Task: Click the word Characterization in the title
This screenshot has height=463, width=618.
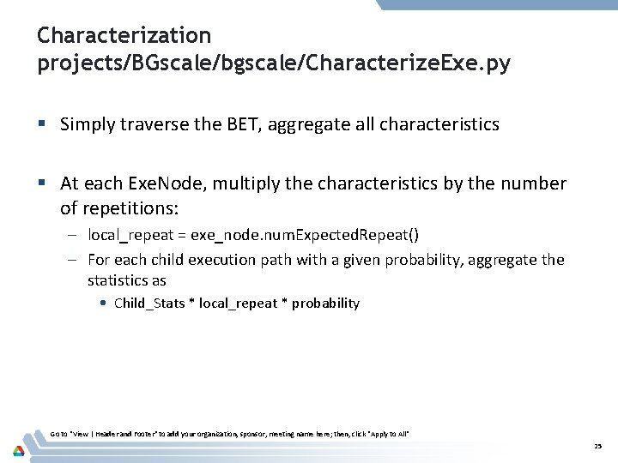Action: [124, 35]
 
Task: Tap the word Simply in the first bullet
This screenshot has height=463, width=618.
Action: [88, 124]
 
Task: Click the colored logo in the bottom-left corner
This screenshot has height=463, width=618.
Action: [18, 449]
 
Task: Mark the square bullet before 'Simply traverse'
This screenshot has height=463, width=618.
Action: [41, 125]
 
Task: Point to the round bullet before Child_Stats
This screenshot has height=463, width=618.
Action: [103, 303]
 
